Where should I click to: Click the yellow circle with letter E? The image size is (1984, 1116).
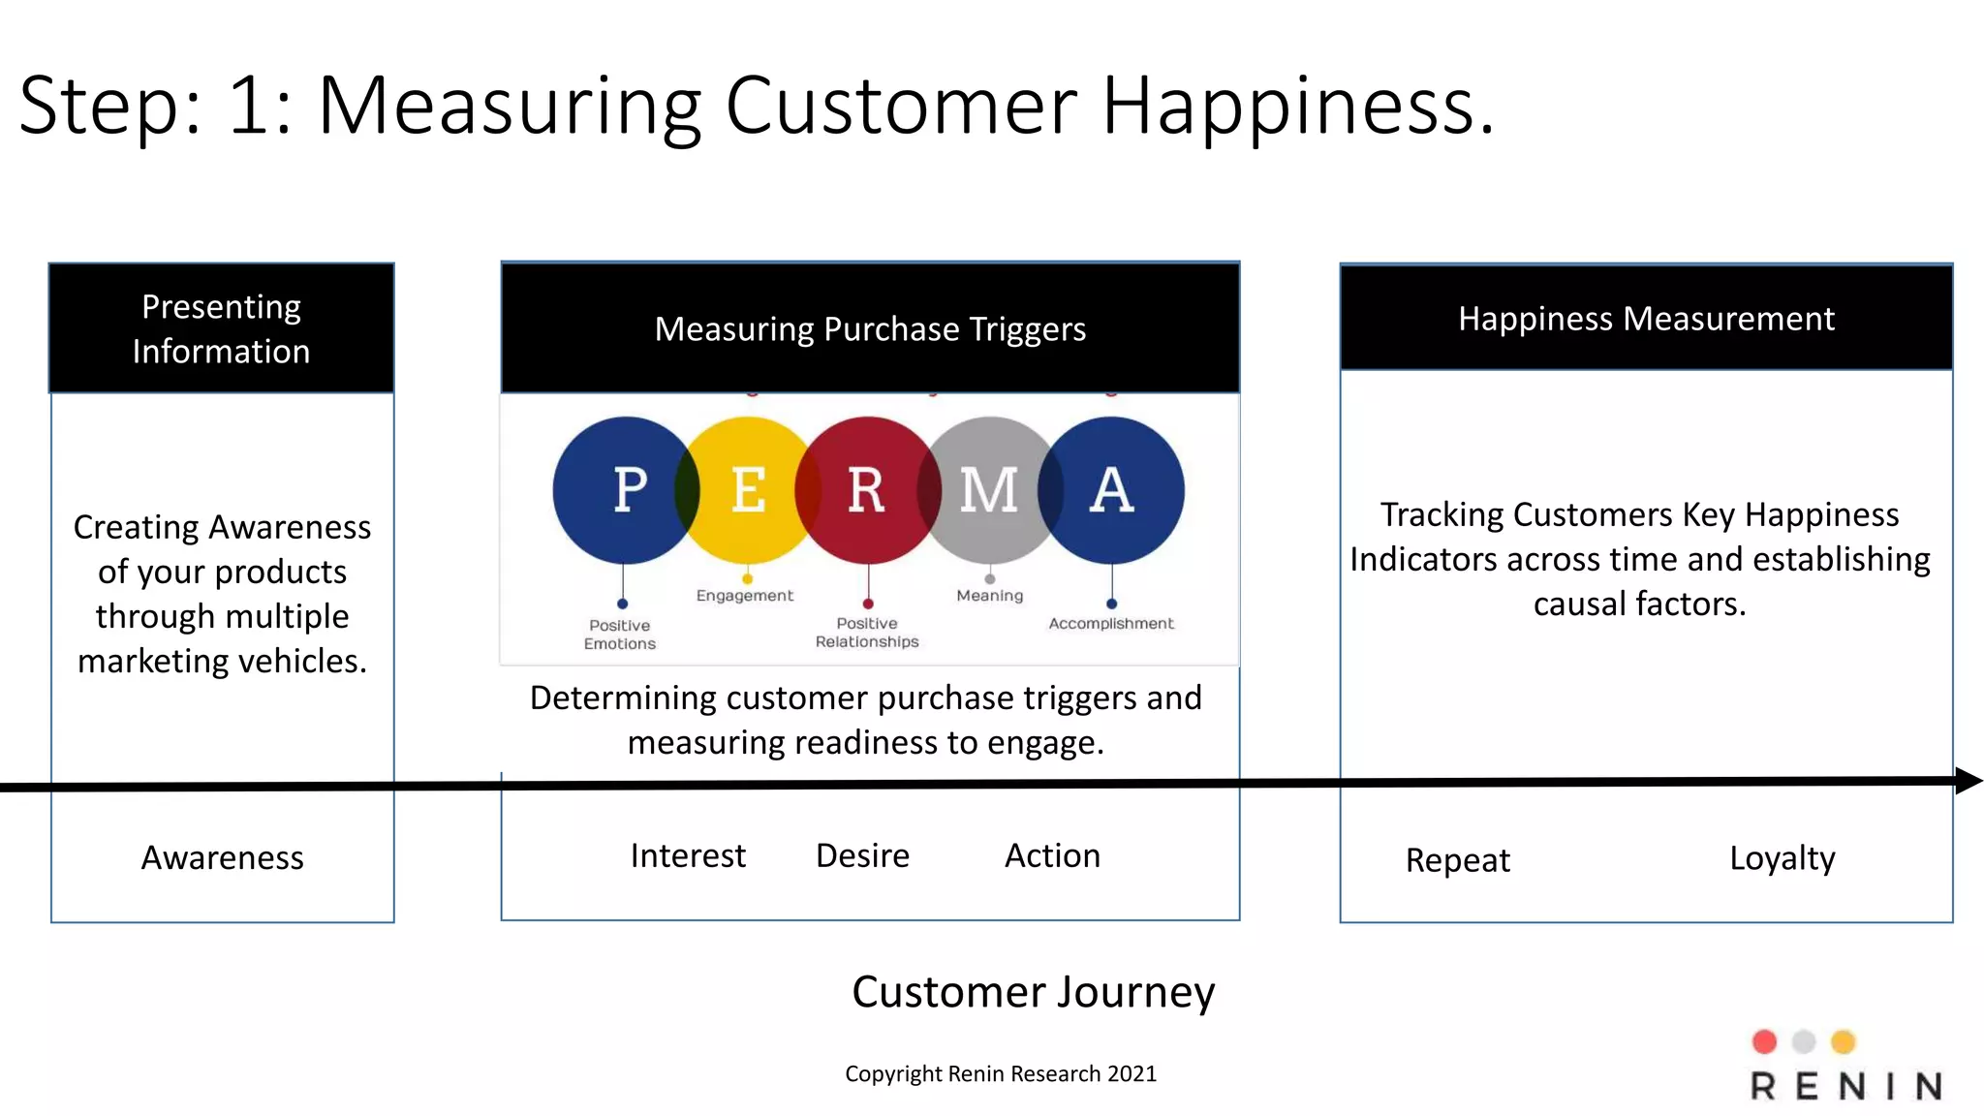tap(747, 490)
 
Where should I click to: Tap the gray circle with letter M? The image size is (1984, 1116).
tap(989, 490)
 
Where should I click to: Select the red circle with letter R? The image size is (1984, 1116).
tap(867, 490)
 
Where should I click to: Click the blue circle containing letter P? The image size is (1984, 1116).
tap(625, 490)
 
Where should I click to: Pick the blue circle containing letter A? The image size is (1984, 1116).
tap(1112, 490)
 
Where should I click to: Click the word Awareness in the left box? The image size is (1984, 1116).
tap(222, 858)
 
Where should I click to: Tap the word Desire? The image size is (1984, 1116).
tap(862, 856)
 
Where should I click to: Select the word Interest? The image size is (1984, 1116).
tap(688, 856)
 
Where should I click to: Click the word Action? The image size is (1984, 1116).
tap(1052, 856)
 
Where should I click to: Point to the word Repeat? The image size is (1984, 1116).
tap(1457, 860)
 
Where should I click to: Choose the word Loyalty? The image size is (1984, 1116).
tap(1782, 858)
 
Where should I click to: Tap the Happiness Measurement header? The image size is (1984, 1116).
tap(1646, 319)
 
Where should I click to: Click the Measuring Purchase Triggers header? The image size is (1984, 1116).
tap(870, 329)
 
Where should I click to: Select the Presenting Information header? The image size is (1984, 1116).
tap(222, 328)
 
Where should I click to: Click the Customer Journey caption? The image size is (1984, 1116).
tap(1033, 992)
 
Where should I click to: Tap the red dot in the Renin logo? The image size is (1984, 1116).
tap(1764, 1041)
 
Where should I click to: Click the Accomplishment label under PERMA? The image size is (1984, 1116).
tap(1110, 624)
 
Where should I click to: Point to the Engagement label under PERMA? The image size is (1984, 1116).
tap(744, 596)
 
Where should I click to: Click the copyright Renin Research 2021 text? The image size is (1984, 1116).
tap(1001, 1073)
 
